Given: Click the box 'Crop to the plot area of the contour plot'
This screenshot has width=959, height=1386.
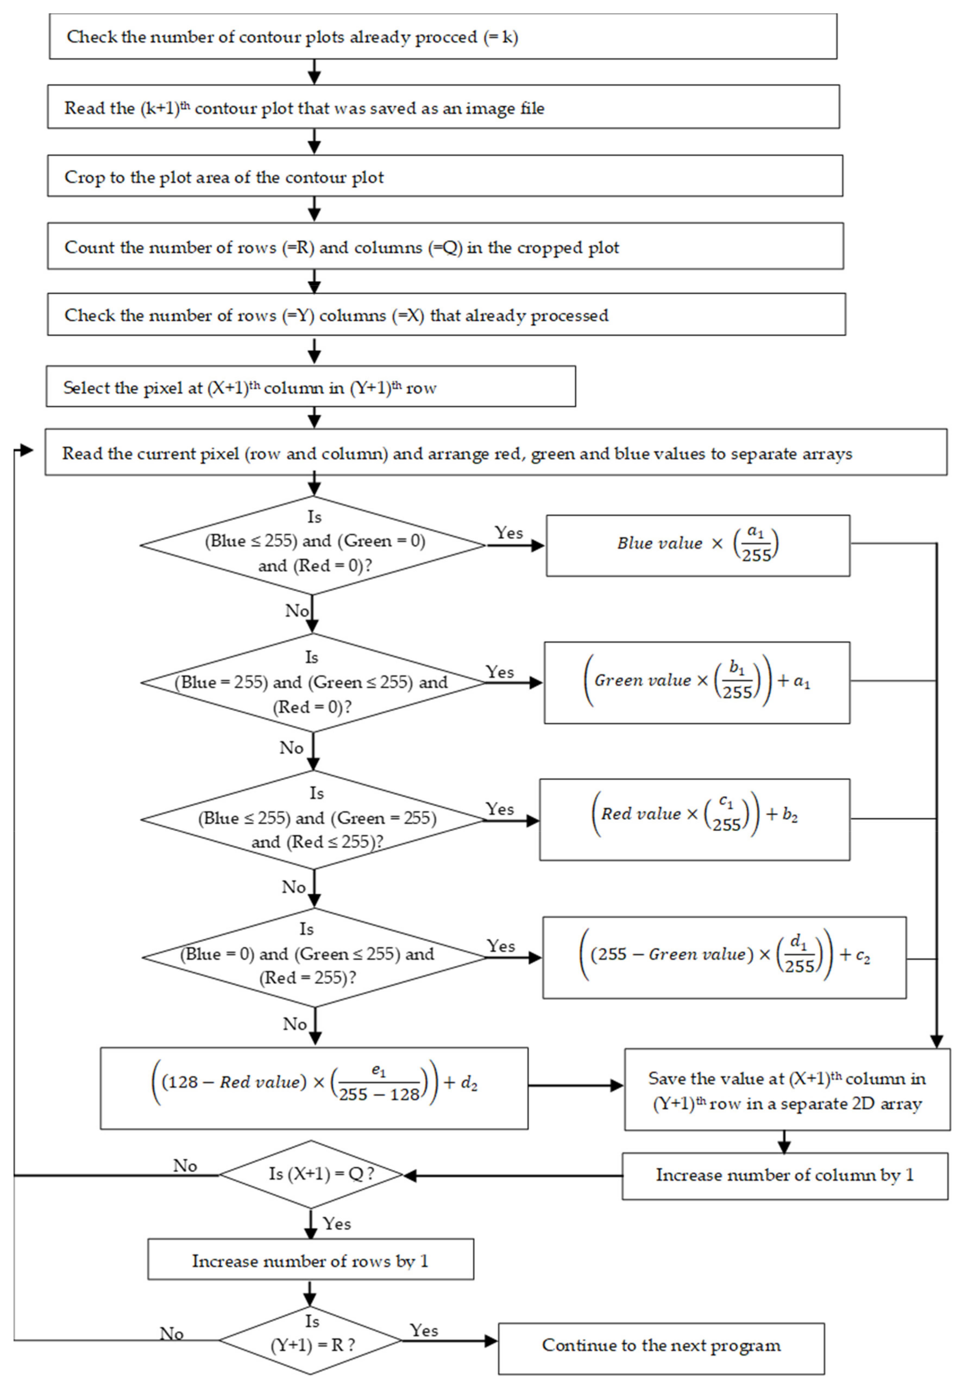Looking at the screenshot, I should (445, 176).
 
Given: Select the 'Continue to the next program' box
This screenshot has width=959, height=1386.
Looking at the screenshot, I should (661, 1345).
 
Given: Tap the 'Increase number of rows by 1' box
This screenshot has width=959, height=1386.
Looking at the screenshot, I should (310, 1261).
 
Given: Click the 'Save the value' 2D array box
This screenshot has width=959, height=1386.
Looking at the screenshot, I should (787, 1090).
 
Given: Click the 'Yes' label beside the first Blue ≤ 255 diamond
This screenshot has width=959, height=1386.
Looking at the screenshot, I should (508, 533).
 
